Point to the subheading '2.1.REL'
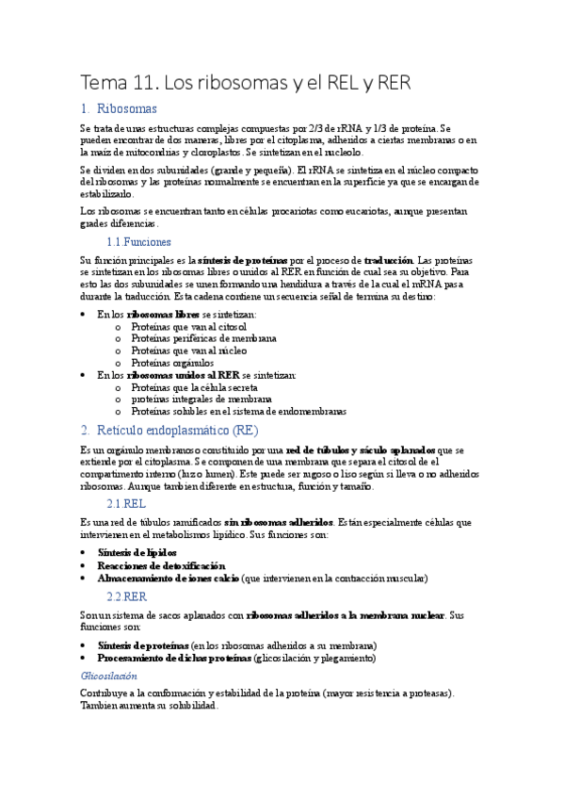(x=126, y=504)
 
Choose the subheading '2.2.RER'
(x=127, y=596)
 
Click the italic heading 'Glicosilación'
(x=109, y=676)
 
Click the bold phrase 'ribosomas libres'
(x=164, y=314)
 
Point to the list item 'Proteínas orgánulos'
(x=172, y=363)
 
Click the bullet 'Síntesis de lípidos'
(x=137, y=552)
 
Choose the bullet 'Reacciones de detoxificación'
(x=161, y=565)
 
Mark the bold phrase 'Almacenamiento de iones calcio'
(x=168, y=578)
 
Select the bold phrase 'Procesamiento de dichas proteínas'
(x=174, y=658)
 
